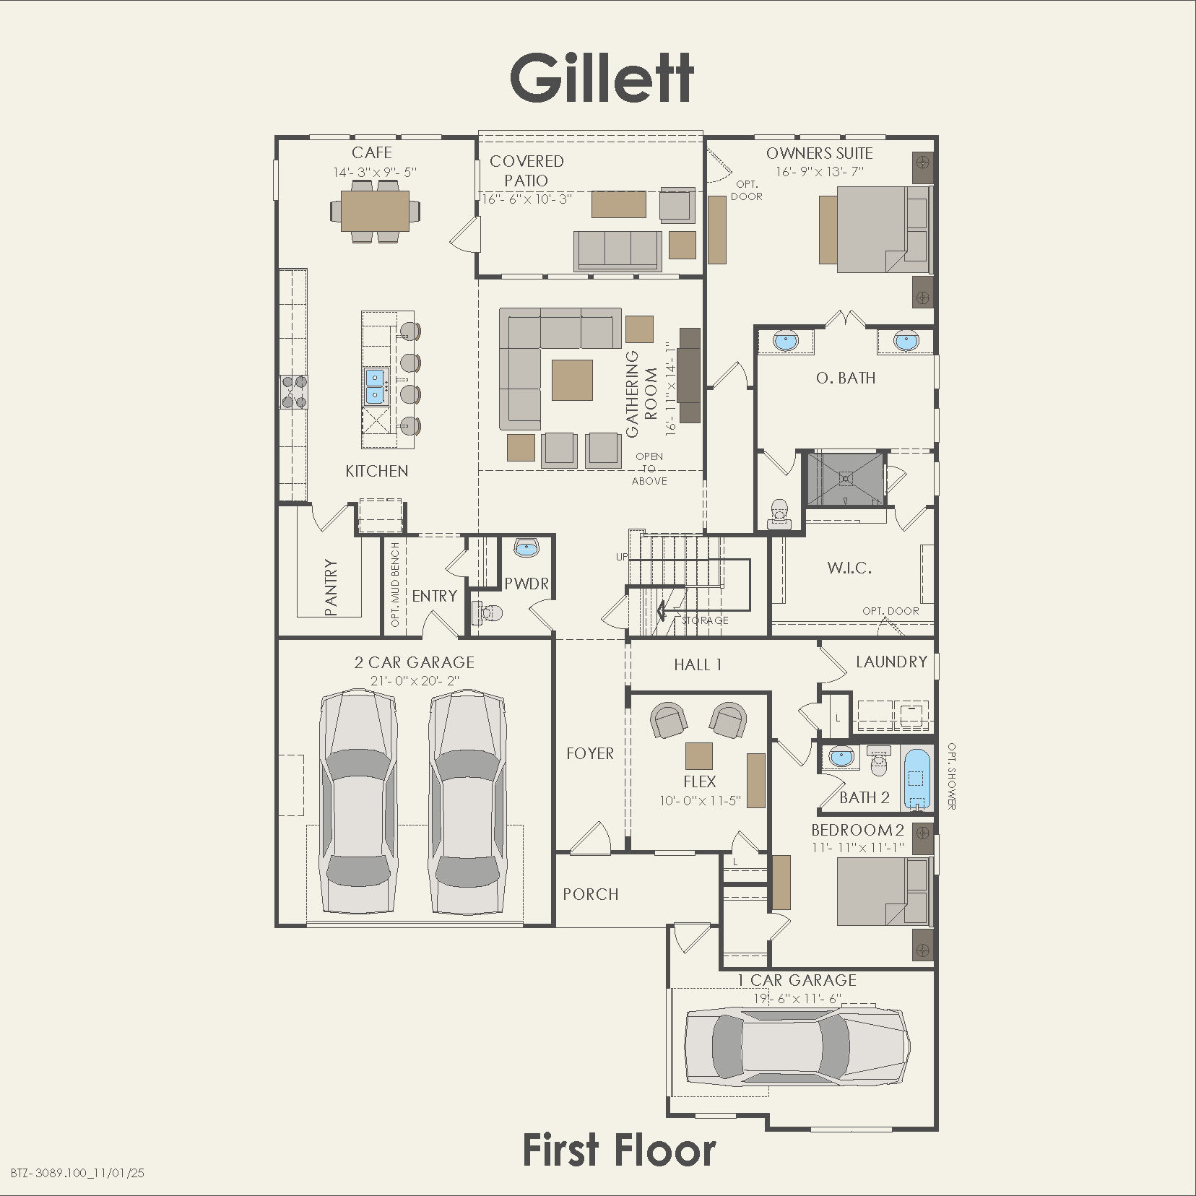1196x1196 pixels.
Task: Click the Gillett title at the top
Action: pyautogui.click(x=602, y=78)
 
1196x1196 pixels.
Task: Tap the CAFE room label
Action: pyautogui.click(x=372, y=152)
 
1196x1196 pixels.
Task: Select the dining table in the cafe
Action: pyautogui.click(x=375, y=210)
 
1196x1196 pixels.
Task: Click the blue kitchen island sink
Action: pyautogui.click(x=376, y=386)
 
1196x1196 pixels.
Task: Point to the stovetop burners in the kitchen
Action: pyautogui.click(x=294, y=391)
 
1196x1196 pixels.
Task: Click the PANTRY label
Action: pyautogui.click(x=331, y=586)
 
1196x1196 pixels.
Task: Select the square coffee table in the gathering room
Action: pyautogui.click(x=572, y=380)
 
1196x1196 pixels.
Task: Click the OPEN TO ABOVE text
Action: pyautogui.click(x=649, y=469)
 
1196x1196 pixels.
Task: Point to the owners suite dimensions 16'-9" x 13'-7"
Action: pyautogui.click(x=820, y=172)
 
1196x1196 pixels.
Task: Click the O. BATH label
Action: pyautogui.click(x=846, y=378)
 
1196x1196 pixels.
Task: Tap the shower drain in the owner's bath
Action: pyautogui.click(x=844, y=477)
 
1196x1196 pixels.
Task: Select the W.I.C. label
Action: pyautogui.click(x=849, y=568)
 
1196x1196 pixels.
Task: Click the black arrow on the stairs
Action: pyautogui.click(x=661, y=612)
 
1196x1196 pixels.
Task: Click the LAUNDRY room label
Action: pyautogui.click(x=891, y=662)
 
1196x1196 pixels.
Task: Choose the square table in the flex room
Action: pyautogui.click(x=698, y=755)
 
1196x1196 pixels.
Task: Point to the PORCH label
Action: pyautogui.click(x=591, y=894)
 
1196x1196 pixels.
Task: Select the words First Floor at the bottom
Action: pyautogui.click(x=619, y=1150)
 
